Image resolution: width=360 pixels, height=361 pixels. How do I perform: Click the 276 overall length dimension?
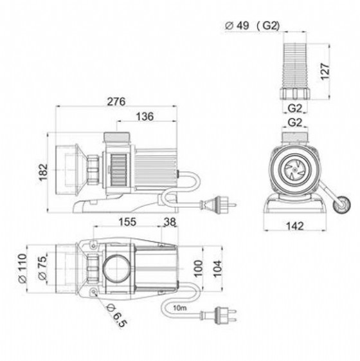(x=116, y=102)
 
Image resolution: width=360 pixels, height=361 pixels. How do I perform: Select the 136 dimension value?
(x=145, y=116)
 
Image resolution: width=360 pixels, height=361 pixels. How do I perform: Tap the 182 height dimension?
(x=43, y=172)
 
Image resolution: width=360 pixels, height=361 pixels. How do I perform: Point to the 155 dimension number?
(x=127, y=222)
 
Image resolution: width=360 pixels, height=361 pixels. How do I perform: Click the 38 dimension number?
(x=170, y=222)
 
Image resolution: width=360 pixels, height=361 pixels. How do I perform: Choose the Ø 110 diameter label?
(x=22, y=268)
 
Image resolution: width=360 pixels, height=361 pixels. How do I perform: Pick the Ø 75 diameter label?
(x=42, y=268)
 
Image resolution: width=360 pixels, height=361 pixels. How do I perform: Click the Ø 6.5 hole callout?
(x=116, y=315)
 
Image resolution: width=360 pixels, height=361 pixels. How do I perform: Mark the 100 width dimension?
(x=198, y=268)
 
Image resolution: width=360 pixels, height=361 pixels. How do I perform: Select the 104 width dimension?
(x=217, y=269)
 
